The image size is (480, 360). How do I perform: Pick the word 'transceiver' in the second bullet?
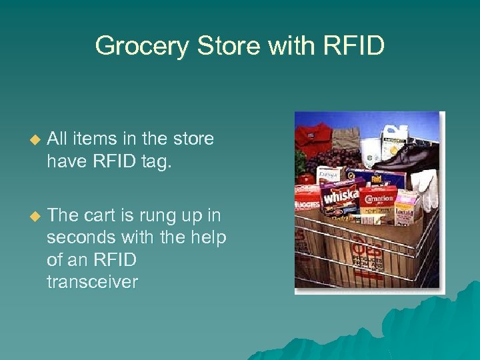point(92,282)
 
